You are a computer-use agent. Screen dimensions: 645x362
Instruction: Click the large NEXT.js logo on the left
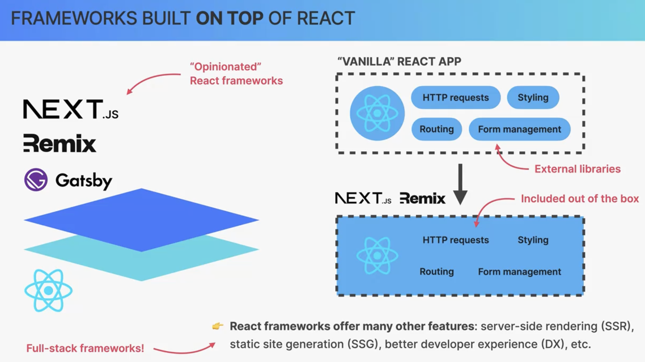click(x=71, y=109)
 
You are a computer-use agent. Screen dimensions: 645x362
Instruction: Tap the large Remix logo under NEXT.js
click(x=60, y=143)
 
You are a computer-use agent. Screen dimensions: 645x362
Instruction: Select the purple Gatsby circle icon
click(x=36, y=180)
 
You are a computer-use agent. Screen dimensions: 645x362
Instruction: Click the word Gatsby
click(x=84, y=181)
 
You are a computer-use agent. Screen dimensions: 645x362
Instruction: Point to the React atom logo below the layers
click(x=48, y=290)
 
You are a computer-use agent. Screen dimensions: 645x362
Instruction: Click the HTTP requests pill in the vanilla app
click(x=456, y=98)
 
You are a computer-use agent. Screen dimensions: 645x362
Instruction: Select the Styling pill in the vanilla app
click(x=533, y=98)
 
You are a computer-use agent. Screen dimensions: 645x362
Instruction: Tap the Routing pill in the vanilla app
click(x=437, y=129)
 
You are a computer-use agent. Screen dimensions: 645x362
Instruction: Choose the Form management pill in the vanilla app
click(x=520, y=129)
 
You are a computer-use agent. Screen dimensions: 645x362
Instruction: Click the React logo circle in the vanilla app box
click(x=377, y=113)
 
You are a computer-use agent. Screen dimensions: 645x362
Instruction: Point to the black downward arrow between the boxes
click(x=460, y=184)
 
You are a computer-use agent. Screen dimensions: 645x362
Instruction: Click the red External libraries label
click(x=578, y=169)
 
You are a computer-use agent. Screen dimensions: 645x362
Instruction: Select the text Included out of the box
click(x=580, y=199)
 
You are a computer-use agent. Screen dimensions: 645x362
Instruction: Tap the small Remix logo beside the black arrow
click(x=423, y=198)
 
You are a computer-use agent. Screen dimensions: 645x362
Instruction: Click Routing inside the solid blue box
click(x=437, y=271)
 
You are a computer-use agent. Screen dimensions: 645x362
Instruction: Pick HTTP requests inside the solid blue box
click(x=456, y=240)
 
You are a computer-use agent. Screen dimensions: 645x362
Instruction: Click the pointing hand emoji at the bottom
click(x=218, y=326)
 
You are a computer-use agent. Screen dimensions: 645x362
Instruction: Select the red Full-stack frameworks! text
click(x=85, y=348)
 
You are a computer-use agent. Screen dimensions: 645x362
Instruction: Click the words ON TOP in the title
click(x=229, y=18)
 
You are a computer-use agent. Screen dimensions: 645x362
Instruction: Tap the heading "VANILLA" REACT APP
click(x=399, y=61)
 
